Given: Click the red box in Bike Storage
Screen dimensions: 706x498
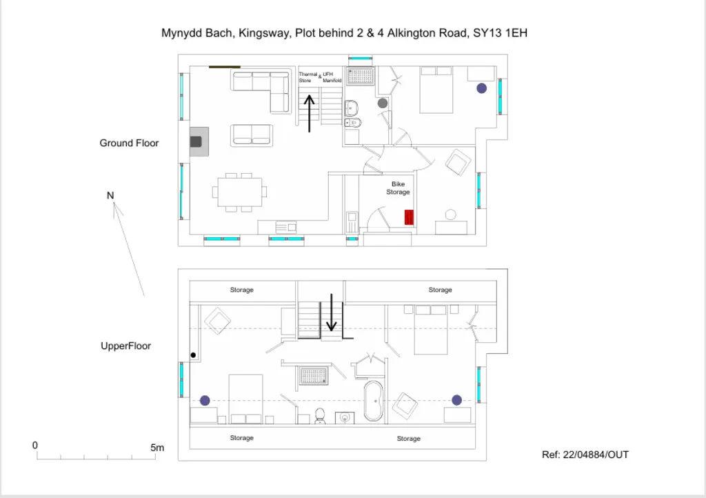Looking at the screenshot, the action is pyautogui.click(x=409, y=217).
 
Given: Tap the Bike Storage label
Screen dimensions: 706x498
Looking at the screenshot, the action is pyautogui.click(x=398, y=188).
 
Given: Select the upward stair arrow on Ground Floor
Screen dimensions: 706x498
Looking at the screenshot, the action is pyautogui.click(x=310, y=114).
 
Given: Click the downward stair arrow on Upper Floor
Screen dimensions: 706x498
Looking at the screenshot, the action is pyautogui.click(x=332, y=312).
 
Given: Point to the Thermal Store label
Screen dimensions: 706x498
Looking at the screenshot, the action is pyautogui.click(x=308, y=77).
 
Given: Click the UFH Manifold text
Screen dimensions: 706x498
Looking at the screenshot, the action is pyautogui.click(x=332, y=77).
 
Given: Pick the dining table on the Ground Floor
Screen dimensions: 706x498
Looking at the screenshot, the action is pyautogui.click(x=239, y=192).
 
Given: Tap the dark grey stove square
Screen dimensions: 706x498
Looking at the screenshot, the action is pyautogui.click(x=196, y=142).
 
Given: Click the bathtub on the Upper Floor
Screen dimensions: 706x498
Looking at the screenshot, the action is pyautogui.click(x=373, y=401).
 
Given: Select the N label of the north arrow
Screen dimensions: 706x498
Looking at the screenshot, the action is pyautogui.click(x=110, y=195).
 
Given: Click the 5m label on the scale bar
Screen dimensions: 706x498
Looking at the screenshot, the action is pyautogui.click(x=157, y=448).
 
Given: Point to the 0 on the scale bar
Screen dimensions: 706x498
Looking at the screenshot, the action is pyautogui.click(x=35, y=446).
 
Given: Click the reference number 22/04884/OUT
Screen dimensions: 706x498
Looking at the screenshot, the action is pyautogui.click(x=596, y=455).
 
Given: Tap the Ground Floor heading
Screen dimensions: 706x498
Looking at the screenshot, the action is pyautogui.click(x=129, y=143).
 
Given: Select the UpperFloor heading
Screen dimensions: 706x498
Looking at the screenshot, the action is pyautogui.click(x=125, y=346).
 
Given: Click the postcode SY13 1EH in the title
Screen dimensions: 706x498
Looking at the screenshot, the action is pyautogui.click(x=501, y=33).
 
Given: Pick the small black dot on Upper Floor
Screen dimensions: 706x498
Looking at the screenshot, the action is pyautogui.click(x=193, y=355).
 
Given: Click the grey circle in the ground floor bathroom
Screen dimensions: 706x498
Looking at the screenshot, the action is pyautogui.click(x=383, y=103).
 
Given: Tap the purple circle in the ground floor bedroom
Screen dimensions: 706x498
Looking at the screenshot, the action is pyautogui.click(x=482, y=88).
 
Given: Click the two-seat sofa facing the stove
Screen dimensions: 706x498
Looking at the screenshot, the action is pyautogui.click(x=252, y=135).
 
